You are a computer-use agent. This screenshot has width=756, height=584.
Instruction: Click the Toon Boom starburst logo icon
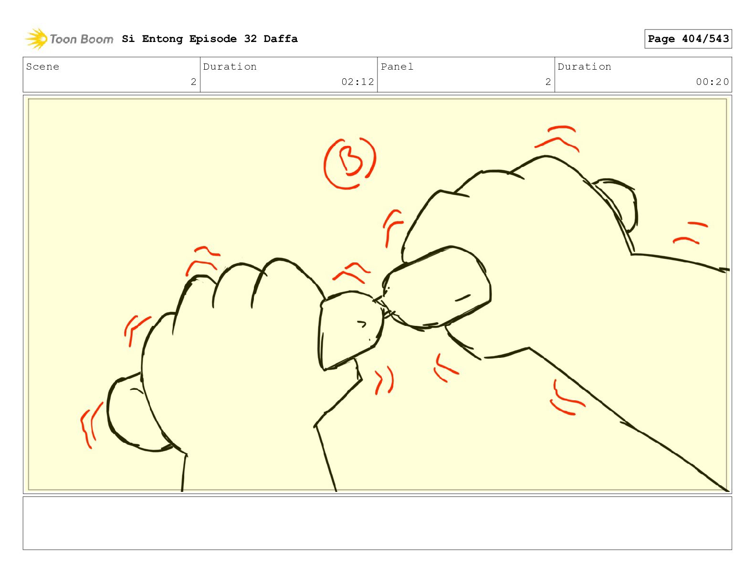tap(36, 39)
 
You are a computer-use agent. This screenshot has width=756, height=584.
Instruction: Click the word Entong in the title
tap(162, 39)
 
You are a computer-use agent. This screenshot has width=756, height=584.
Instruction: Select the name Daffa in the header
tap(281, 39)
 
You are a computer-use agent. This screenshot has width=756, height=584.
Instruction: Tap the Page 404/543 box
tap(688, 39)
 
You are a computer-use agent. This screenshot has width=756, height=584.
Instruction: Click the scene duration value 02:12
tap(357, 82)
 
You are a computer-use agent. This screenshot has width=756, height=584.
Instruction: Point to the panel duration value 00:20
tap(712, 82)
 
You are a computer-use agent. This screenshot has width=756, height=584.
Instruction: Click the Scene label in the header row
tap(42, 66)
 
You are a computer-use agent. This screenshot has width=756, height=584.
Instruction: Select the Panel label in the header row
tap(397, 66)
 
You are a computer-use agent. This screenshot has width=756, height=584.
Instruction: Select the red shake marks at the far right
tap(690, 232)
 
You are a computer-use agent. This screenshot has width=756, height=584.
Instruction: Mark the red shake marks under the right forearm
tap(567, 398)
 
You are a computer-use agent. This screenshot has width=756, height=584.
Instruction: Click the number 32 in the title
tap(250, 39)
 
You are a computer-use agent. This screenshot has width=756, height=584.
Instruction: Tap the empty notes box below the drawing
tap(377, 523)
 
